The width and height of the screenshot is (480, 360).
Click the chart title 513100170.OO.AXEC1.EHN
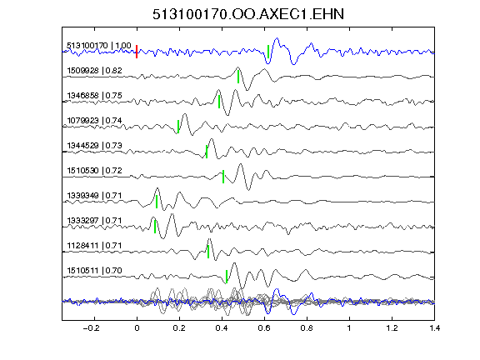click(x=248, y=14)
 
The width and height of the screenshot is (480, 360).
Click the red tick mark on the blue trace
click(x=137, y=52)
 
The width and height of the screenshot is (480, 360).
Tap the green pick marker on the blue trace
click(x=268, y=52)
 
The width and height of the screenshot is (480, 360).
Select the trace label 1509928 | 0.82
click(x=95, y=71)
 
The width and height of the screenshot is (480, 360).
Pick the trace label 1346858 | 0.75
click(x=95, y=96)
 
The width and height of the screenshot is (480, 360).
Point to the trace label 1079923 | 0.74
click(x=95, y=121)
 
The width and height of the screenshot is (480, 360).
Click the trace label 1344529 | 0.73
click(x=95, y=145)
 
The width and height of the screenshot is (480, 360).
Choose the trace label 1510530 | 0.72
click(x=95, y=171)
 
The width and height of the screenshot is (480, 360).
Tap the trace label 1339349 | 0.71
click(x=95, y=196)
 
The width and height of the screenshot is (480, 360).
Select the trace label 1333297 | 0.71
click(x=95, y=221)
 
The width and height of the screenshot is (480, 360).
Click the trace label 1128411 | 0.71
click(x=95, y=246)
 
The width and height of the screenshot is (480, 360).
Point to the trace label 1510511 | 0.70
click(x=95, y=271)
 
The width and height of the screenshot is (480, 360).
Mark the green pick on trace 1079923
click(x=178, y=127)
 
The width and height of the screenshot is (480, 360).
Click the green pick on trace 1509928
click(x=238, y=77)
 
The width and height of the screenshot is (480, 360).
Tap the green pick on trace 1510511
click(x=227, y=277)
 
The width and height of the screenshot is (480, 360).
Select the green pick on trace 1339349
click(x=157, y=202)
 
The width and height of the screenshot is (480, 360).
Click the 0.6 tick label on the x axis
click(x=264, y=328)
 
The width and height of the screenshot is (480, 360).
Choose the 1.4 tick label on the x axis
click(x=435, y=328)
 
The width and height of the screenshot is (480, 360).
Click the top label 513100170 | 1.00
click(x=99, y=46)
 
